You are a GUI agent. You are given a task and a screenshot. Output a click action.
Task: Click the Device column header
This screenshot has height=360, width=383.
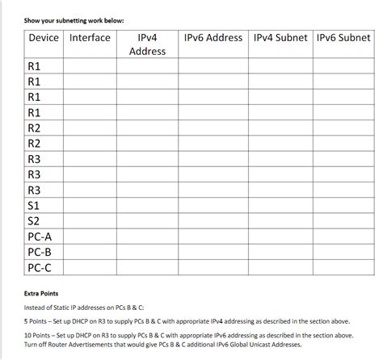44,38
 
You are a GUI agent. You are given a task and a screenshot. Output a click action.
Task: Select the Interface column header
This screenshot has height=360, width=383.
90,38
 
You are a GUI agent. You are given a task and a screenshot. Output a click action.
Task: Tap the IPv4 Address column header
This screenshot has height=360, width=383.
147,44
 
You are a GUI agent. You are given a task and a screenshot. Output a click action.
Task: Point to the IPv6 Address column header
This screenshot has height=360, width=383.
213,38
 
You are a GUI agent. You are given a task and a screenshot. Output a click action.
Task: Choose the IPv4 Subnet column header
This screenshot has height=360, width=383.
280,38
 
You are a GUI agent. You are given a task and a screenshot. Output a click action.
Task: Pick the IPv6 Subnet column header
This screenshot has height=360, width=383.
343,38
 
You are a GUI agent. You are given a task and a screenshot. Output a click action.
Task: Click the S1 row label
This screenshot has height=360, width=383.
34,206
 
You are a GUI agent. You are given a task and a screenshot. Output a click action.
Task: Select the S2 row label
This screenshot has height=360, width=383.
34,221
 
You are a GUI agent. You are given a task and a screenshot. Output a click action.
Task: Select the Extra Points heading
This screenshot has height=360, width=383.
41,293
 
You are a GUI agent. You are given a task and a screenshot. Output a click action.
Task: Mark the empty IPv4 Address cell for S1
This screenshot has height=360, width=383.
147,206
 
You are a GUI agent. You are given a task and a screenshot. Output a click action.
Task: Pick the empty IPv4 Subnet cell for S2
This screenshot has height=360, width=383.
280,221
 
